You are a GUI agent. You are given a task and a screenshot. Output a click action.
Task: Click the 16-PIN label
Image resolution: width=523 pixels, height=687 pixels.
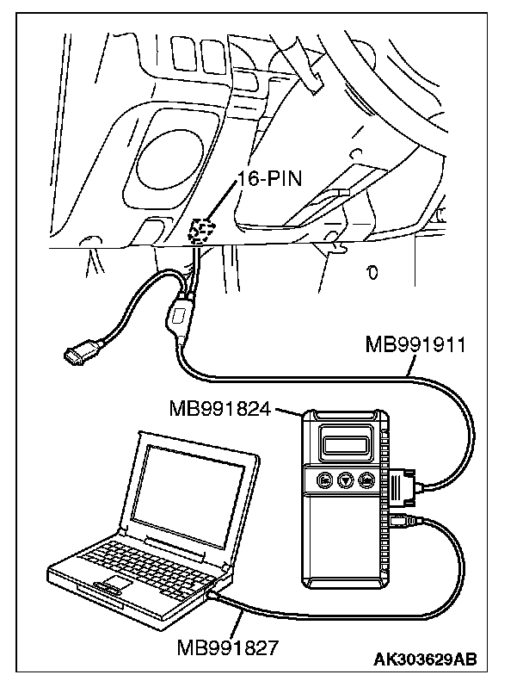coord(269,179)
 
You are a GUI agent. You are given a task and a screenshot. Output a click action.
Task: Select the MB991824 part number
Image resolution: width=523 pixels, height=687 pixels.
coord(219,410)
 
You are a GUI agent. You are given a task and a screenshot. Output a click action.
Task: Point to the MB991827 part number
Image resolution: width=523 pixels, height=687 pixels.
coord(227,647)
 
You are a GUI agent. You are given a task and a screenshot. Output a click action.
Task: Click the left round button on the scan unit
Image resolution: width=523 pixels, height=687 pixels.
coord(326,480)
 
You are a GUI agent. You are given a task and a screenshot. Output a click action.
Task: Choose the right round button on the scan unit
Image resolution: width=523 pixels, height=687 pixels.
coord(366,480)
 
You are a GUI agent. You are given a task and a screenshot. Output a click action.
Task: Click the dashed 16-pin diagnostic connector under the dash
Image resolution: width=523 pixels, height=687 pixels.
coord(201,232)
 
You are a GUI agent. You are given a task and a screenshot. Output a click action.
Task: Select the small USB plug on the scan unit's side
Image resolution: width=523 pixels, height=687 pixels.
coord(401,521)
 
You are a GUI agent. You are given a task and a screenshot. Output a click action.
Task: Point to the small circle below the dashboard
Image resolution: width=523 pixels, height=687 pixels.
coord(372,273)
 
